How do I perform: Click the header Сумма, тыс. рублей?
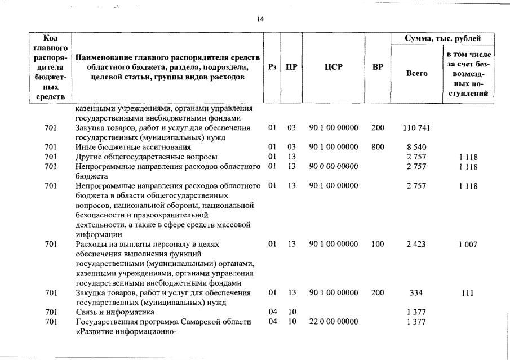coord(443,38)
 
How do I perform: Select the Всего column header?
coord(418,73)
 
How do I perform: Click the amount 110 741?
coord(418,128)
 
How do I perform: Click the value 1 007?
coord(467,244)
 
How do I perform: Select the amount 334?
coord(418,293)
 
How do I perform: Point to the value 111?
coord(467,293)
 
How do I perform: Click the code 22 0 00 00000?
coord(334,321)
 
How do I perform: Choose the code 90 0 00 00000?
coord(334,166)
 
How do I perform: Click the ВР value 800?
coord(378,146)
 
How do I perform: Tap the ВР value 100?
coord(378,244)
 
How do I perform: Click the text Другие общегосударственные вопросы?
coord(147,156)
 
